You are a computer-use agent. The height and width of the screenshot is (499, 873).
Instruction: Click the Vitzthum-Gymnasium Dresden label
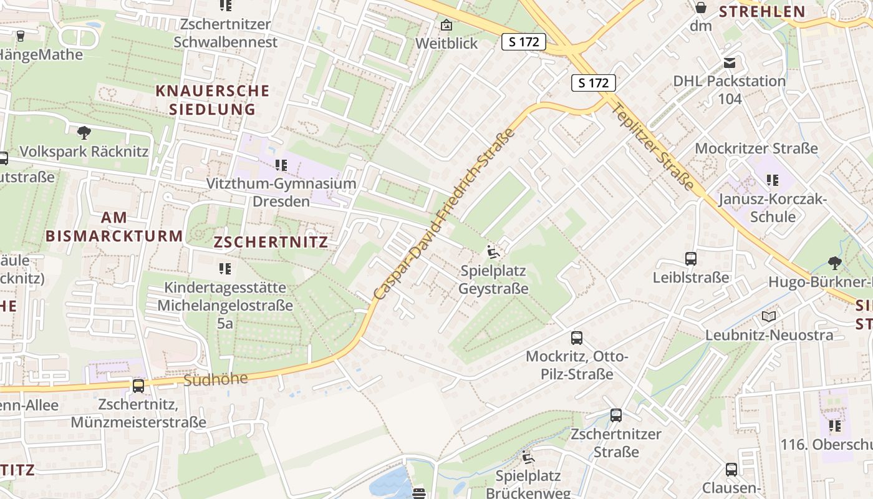pyautogui.click(x=281, y=193)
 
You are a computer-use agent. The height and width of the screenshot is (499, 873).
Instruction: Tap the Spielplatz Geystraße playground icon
pyautogui.click(x=493, y=252)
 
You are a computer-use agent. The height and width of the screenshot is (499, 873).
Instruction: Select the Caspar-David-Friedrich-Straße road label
pyautogui.click(x=444, y=213)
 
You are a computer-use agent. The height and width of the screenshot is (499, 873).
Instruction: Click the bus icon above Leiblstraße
pyautogui.click(x=690, y=258)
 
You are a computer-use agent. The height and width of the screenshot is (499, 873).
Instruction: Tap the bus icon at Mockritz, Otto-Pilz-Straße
pyautogui.click(x=577, y=338)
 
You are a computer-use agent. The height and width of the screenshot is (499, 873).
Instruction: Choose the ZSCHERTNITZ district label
pyautogui.click(x=271, y=242)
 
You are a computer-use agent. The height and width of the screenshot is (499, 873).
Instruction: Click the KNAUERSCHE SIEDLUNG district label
pyautogui.click(x=212, y=100)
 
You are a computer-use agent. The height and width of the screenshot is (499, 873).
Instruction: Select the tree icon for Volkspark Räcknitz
pyautogui.click(x=84, y=132)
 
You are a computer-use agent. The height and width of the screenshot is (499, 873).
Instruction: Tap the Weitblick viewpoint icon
pyautogui.click(x=446, y=26)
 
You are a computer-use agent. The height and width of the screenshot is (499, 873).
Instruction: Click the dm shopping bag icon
pyautogui.click(x=701, y=7)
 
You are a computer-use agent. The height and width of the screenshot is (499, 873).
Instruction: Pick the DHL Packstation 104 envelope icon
pyautogui.click(x=729, y=62)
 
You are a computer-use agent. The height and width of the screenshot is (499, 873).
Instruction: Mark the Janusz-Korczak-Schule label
pyautogui.click(x=773, y=208)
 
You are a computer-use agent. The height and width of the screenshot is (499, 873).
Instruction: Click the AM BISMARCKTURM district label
pyautogui.click(x=114, y=227)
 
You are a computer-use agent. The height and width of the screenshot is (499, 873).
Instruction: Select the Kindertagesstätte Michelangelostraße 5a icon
pyautogui.click(x=224, y=269)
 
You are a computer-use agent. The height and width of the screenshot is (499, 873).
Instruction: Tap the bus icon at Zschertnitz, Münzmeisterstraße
pyautogui.click(x=138, y=386)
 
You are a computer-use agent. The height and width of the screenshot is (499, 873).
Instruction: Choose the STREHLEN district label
pyautogui.click(x=762, y=11)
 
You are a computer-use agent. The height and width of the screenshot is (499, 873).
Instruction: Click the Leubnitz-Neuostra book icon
pyautogui.click(x=769, y=317)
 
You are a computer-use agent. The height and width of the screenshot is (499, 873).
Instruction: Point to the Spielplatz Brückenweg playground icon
pyautogui.click(x=528, y=457)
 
